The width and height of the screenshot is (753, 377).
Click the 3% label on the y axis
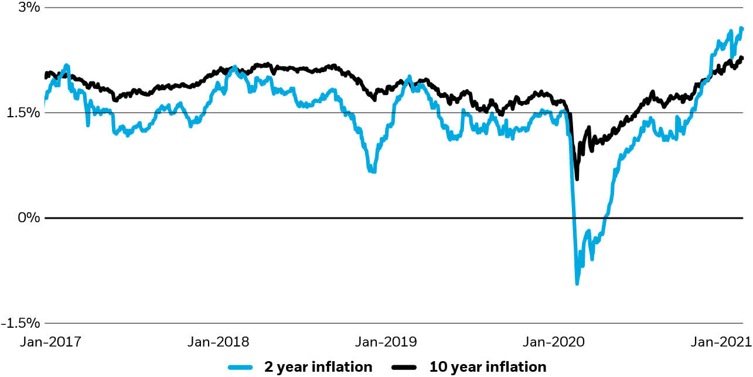pos(29,8)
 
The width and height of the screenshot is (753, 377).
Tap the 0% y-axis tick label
pos(29,218)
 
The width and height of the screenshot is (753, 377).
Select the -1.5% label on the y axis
pos(21,323)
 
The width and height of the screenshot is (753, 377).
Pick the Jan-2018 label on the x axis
pos(218,342)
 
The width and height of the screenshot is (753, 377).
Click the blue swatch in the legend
pos(240,367)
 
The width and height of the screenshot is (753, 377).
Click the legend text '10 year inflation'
pos(488,367)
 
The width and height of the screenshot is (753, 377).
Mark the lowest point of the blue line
pos(577,284)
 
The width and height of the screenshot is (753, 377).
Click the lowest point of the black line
pos(577,179)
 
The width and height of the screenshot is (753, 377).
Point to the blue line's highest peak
pos(741,28)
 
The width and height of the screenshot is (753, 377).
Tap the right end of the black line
pos(742,57)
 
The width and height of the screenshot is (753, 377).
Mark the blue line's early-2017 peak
pos(66,65)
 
